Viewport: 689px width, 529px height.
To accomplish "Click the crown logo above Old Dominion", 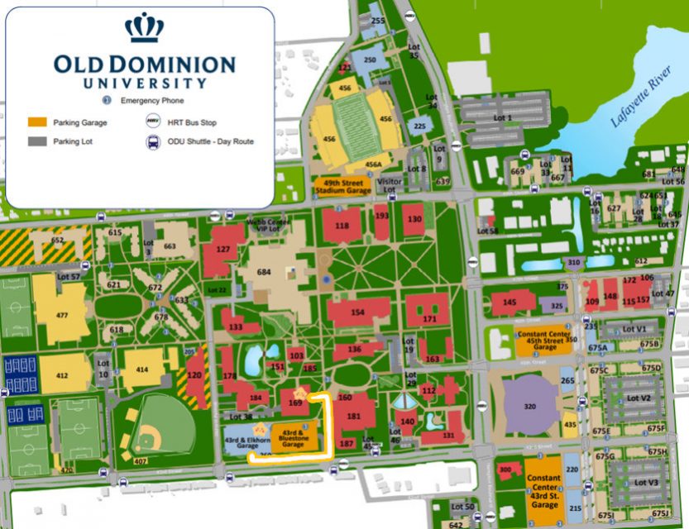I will pos(144,28).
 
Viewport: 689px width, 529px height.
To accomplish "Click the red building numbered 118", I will pos(342,225).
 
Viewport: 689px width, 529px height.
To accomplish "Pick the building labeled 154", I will pos(358,312).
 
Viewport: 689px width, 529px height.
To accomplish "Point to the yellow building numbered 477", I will pos(61,314).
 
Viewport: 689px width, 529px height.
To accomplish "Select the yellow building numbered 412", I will pos(62,374).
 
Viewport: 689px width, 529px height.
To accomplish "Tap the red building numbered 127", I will pos(222,249).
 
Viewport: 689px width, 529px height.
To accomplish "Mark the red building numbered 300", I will pos(505,470).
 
